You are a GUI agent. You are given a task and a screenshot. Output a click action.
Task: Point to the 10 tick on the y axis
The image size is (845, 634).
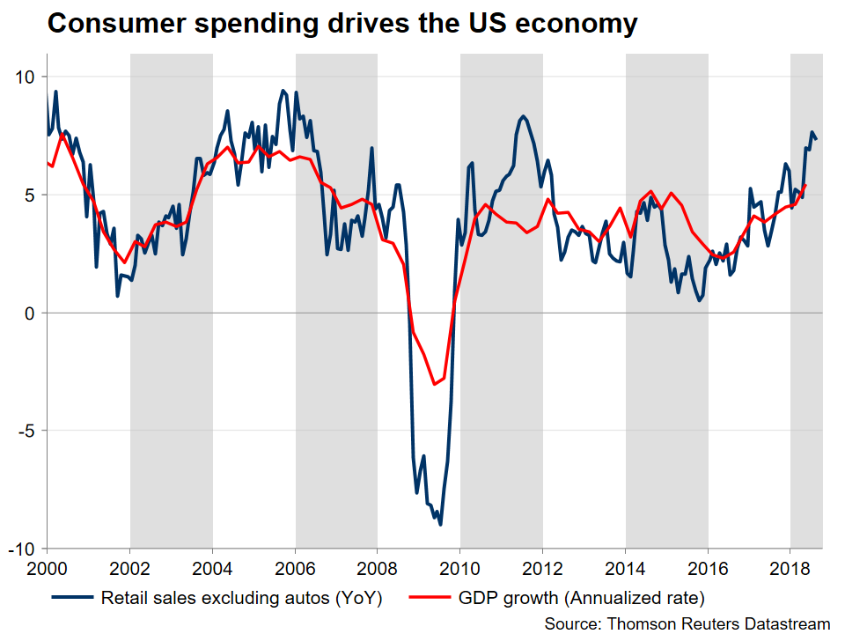24,77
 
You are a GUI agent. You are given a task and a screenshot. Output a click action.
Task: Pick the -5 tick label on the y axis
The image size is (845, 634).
25,431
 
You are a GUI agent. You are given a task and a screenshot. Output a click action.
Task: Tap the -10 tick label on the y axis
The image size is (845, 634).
21,549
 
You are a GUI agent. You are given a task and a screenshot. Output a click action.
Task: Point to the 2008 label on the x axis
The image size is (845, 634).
378,568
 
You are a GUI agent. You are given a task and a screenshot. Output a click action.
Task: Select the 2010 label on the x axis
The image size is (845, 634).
460,568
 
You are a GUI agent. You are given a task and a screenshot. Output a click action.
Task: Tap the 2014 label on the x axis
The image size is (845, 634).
626,568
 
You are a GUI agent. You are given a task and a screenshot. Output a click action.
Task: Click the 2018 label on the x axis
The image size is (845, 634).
790,568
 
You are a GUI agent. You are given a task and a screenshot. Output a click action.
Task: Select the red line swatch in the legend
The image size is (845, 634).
430,598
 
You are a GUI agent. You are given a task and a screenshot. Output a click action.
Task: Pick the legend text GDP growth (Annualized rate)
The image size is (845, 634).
582,598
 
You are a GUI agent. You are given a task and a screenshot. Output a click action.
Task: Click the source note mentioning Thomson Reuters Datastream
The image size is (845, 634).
687,622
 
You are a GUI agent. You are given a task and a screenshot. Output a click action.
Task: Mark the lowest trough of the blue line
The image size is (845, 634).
440,525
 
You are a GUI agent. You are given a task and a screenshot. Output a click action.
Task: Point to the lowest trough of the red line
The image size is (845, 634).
434,384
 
